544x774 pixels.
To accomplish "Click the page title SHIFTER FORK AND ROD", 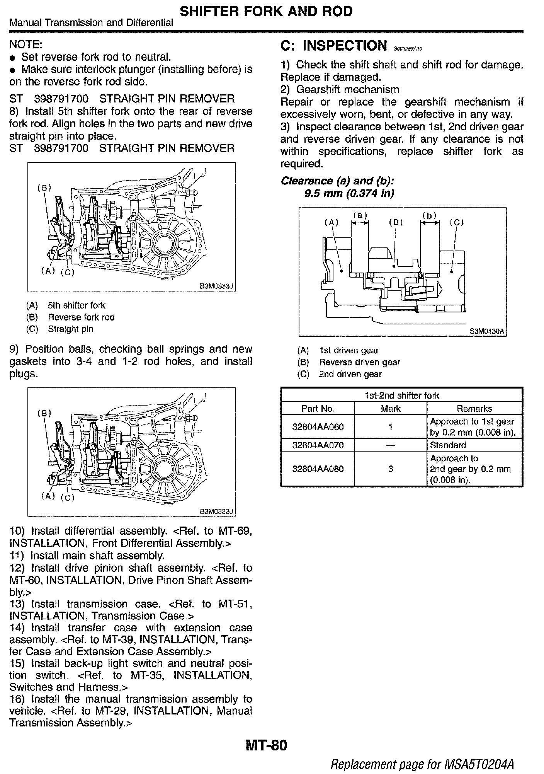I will coord(266,11).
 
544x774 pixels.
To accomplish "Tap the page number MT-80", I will coord(266,745).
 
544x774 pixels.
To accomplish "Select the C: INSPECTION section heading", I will coord(333,46).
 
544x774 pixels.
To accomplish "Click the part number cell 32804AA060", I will coord(318,427).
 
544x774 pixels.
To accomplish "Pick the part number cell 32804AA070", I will coord(318,445).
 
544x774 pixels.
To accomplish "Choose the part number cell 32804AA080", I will coord(318,469).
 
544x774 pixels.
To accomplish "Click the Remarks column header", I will coord(474,409).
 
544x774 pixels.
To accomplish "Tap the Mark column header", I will coord(390,409).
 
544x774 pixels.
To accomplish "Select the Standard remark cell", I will coord(448,445).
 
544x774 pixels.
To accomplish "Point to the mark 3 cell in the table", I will coord(390,469).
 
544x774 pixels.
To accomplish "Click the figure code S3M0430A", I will coord(487,331).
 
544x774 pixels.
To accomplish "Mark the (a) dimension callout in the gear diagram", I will coord(360,215).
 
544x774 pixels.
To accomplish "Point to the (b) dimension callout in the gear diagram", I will coord(429,216).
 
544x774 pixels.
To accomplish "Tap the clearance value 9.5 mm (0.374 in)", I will coord(349,193).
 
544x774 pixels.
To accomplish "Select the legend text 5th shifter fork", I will coord(76,305).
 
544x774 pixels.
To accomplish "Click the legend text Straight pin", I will coord(70,329).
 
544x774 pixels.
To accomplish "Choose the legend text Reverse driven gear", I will coord(359,362).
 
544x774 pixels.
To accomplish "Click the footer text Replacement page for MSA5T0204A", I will coord(422,764).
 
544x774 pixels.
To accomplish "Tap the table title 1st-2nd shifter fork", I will coord(402,396).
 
